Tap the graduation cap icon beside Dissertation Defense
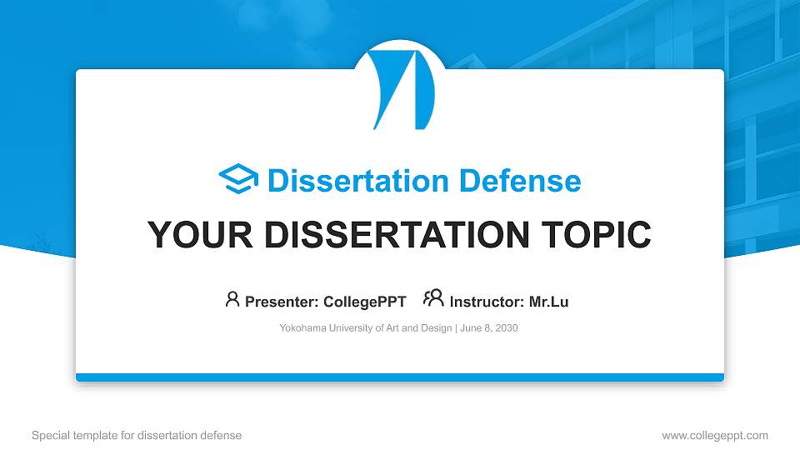[x=238, y=180]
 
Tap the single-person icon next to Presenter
[x=232, y=299]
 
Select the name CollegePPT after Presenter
[x=364, y=302]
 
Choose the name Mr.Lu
[x=548, y=302]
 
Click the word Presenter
[x=277, y=302]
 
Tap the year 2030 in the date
[x=506, y=328]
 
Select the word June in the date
[x=470, y=328]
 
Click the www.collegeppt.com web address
[x=715, y=435]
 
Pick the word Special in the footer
[x=48, y=435]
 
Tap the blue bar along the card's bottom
[x=400, y=377]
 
